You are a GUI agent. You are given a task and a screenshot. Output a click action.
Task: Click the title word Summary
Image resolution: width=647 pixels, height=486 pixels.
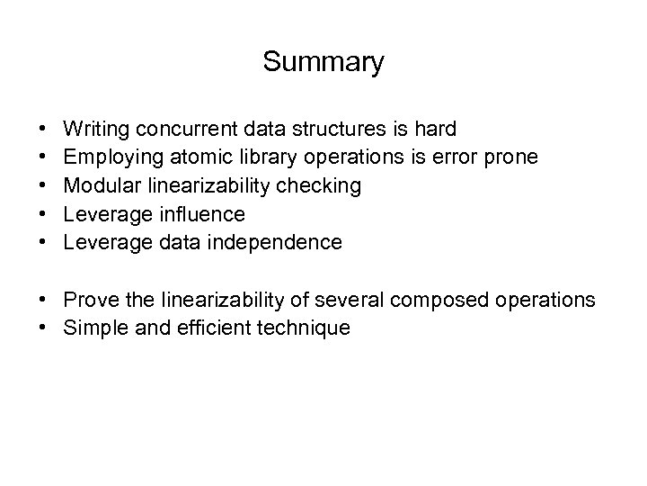(x=323, y=62)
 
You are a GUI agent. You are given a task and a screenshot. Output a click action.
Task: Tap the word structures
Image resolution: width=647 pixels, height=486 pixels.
(x=332, y=130)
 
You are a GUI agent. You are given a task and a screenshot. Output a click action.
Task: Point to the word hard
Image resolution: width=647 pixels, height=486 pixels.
(x=436, y=130)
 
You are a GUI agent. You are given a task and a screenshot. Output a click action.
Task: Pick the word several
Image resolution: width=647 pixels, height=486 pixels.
(x=352, y=299)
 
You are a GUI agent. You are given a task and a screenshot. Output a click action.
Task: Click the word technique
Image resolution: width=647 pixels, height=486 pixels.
(x=306, y=328)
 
